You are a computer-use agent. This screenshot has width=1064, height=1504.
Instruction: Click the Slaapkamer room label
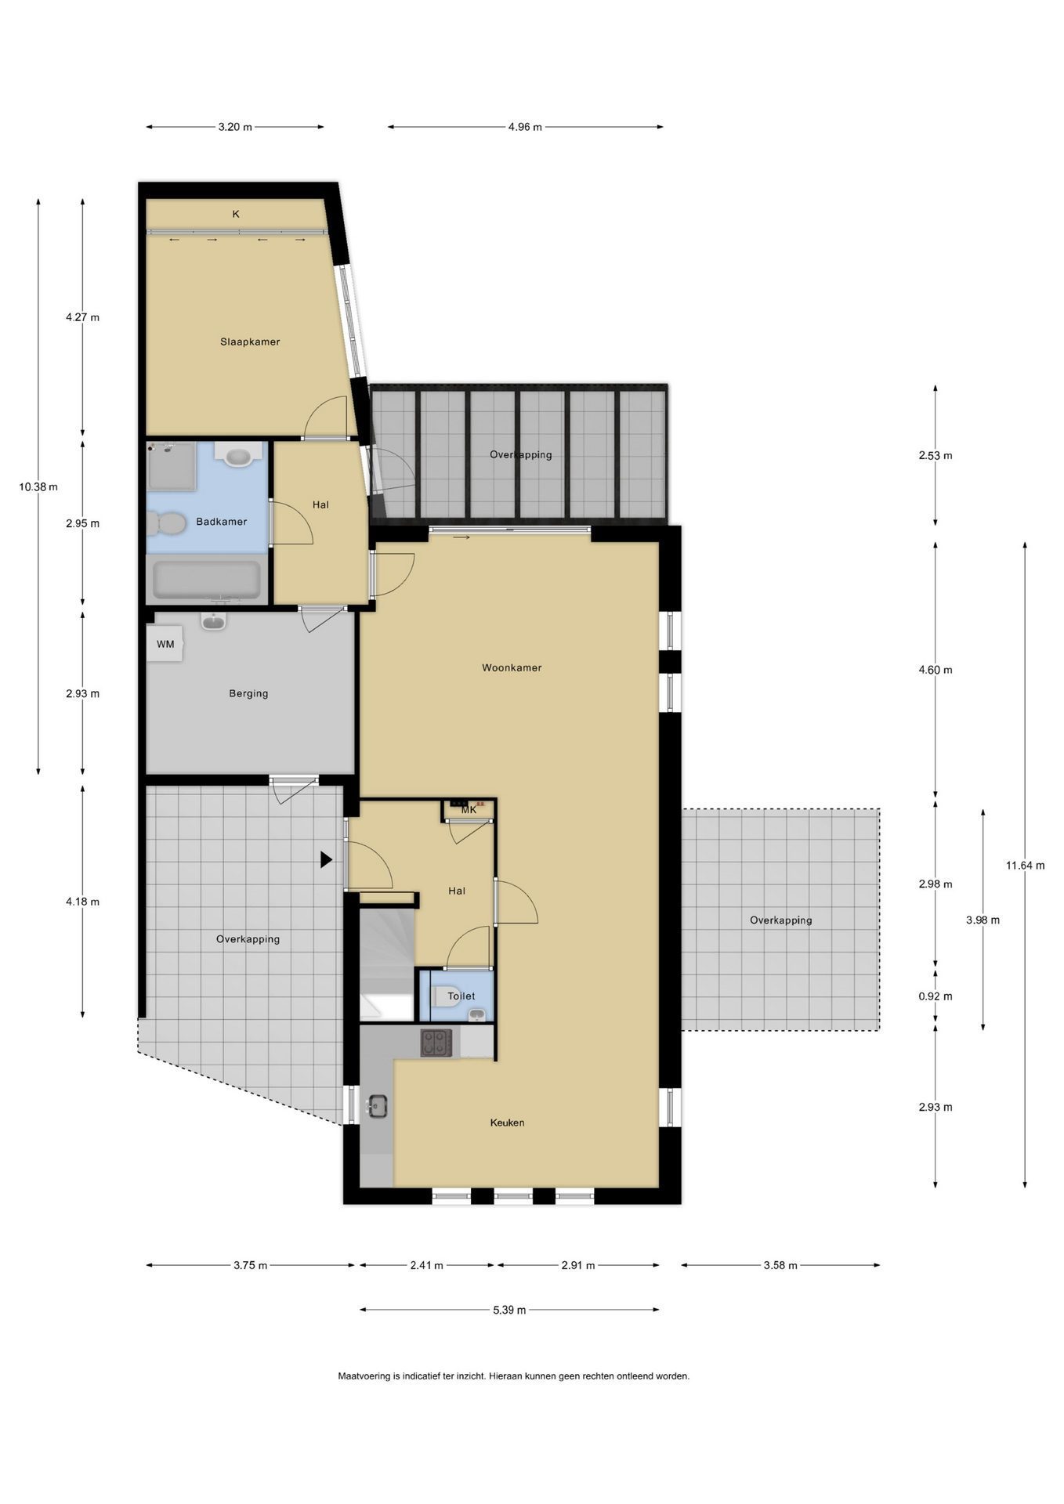click(x=250, y=342)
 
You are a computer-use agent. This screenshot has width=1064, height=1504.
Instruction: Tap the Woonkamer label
click(x=512, y=668)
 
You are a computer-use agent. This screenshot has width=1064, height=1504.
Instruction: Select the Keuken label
click(x=507, y=1123)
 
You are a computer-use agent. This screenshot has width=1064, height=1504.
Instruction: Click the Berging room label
click(x=248, y=693)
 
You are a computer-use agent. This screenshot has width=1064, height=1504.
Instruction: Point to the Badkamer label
click(x=222, y=522)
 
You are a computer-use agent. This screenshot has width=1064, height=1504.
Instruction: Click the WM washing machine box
click(x=166, y=644)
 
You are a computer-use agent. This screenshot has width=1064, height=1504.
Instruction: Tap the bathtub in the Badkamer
click(x=207, y=580)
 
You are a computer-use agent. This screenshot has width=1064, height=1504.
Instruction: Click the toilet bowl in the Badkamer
click(x=166, y=522)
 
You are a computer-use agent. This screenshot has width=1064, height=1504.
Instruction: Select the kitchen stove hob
click(x=436, y=1043)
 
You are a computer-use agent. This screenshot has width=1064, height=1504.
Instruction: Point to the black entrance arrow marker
click(x=326, y=860)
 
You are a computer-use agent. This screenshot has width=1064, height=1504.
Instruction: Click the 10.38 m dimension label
click(x=38, y=486)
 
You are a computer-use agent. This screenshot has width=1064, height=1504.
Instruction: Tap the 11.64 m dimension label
click(x=1025, y=866)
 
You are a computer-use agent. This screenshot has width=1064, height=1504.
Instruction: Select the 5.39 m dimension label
click(x=509, y=1310)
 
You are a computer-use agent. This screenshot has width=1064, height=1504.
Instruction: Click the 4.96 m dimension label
click(x=525, y=127)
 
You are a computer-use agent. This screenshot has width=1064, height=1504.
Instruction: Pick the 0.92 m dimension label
click(x=936, y=996)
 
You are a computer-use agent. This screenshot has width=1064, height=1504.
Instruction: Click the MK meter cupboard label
click(x=469, y=810)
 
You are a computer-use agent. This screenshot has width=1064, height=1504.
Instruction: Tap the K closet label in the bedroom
click(x=236, y=214)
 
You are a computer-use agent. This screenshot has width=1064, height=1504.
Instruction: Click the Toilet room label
click(x=461, y=996)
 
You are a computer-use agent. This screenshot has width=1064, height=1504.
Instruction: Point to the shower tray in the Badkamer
click(x=172, y=467)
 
